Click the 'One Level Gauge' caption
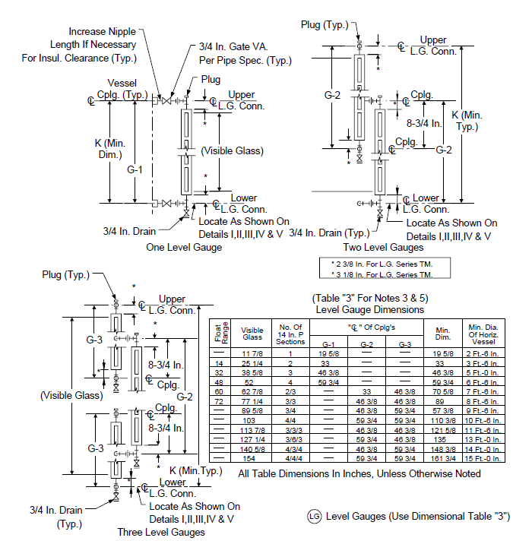pos(184,248)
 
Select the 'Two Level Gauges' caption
pos(383,248)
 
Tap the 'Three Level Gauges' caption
pos(161,532)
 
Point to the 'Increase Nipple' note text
pos(102,31)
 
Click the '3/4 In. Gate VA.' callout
pos(233,46)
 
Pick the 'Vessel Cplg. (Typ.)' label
pos(122,89)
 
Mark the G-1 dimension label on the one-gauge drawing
pos(135,169)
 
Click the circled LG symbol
pos(314,516)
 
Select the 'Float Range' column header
pos(221,333)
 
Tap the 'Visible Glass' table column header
pos(252,334)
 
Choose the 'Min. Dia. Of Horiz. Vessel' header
pos(483,334)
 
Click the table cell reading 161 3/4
pos(443,458)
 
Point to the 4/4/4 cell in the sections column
pos(290,458)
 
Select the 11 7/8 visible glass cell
pos(252,353)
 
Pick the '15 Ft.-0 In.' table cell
pos(483,458)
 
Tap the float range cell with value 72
pos(219,402)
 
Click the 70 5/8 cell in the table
pos(443,392)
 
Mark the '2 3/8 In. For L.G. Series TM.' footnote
pos(382,264)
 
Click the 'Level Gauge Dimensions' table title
pos(370,309)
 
